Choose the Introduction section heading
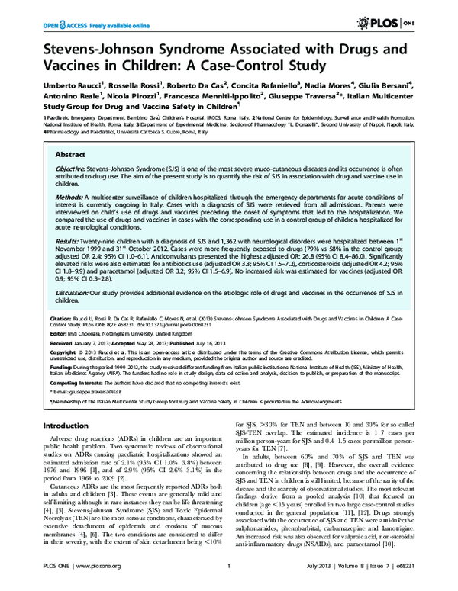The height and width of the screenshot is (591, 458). [x=65, y=425]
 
